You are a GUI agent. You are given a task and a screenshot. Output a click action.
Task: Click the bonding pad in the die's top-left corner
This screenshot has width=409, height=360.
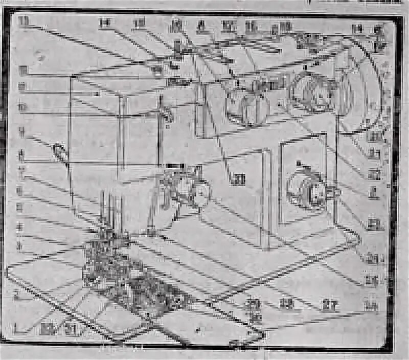[23, 21]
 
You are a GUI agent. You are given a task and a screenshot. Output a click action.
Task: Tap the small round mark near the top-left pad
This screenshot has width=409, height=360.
[40, 57]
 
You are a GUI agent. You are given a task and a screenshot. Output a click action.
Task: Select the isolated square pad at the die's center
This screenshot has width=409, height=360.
[238, 179]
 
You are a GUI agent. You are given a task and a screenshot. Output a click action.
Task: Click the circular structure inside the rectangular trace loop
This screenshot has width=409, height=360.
[306, 187]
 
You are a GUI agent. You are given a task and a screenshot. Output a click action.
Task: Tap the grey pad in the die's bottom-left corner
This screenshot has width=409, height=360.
[49, 328]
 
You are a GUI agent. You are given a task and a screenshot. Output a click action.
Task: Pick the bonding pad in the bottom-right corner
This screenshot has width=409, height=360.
[371, 305]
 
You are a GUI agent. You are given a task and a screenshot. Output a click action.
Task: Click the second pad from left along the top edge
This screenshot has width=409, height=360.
[105, 22]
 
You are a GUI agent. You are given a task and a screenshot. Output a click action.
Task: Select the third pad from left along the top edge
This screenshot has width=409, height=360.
[139, 23]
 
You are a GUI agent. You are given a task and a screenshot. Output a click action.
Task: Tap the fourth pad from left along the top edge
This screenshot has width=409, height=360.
[176, 24]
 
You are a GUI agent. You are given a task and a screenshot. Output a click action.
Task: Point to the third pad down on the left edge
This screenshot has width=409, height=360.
[22, 86]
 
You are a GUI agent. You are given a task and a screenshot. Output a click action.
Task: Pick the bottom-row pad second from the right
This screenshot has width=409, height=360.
[329, 305]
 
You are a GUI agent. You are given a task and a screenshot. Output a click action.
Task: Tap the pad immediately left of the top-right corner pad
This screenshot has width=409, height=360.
[357, 29]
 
